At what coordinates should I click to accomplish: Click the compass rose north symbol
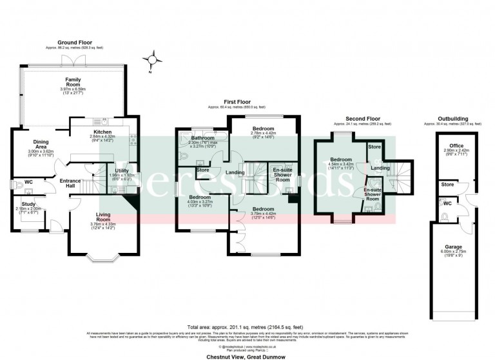pyautogui.click(x=152, y=61)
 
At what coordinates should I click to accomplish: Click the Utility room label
pyautogui.click(x=122, y=170)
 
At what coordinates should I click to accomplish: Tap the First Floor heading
pyautogui.click(x=236, y=102)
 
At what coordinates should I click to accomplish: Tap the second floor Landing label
pyautogui.click(x=380, y=168)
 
